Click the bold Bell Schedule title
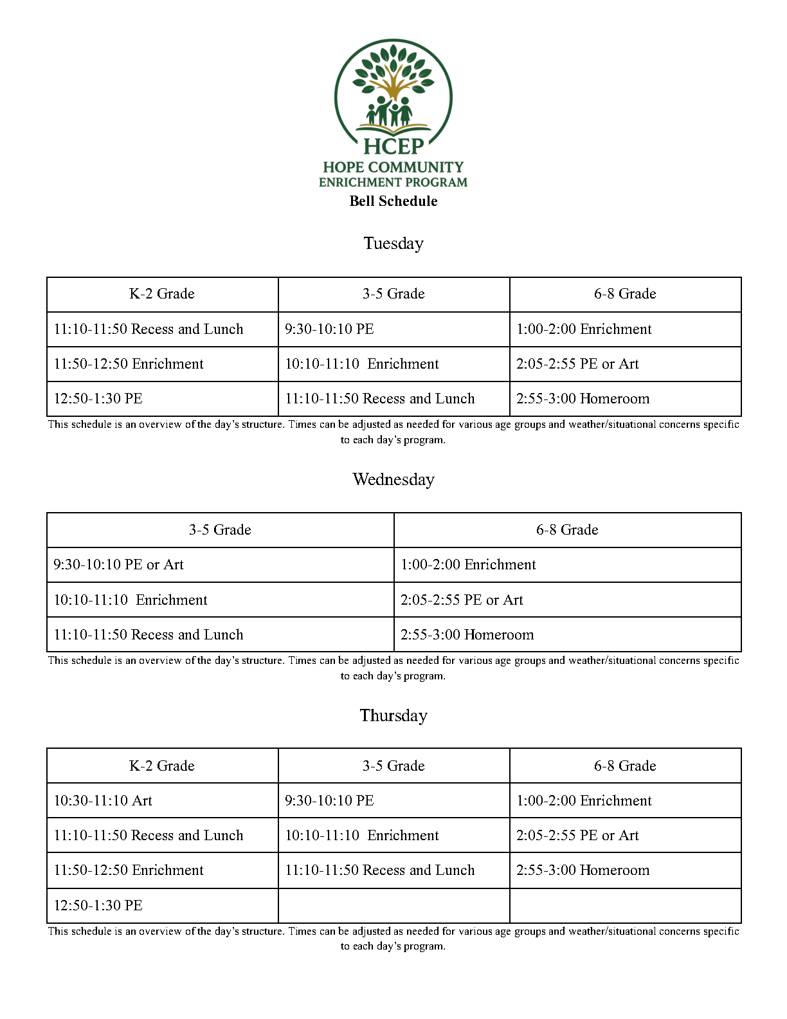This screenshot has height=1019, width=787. (393, 201)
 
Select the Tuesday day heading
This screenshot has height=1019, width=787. (393, 243)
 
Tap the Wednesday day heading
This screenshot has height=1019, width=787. (393, 479)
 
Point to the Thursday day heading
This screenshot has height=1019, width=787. (393, 715)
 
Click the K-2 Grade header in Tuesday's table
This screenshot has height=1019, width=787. (162, 294)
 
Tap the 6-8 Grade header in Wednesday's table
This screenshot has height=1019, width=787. (567, 530)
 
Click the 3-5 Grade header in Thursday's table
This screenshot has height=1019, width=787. (394, 766)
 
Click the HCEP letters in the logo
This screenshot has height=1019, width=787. (394, 147)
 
